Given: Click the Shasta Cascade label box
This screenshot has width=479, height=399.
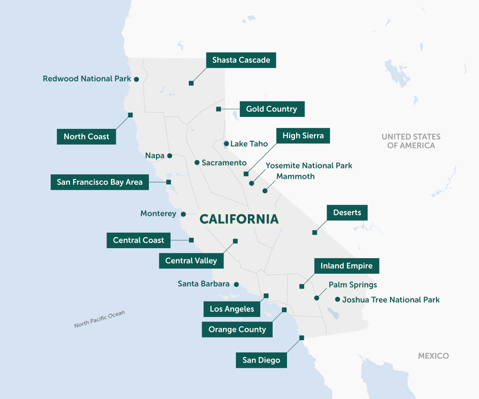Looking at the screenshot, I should pyautogui.click(x=241, y=60).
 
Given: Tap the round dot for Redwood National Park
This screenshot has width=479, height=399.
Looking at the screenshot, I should pyautogui.click(x=136, y=79).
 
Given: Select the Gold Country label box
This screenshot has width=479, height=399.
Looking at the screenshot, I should pyautogui.click(x=271, y=109).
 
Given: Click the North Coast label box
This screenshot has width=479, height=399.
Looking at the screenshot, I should pyautogui.click(x=86, y=136).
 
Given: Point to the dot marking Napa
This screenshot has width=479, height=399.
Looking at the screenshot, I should pyautogui.click(x=170, y=156).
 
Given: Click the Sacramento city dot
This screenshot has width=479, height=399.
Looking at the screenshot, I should pyautogui.click(x=197, y=162).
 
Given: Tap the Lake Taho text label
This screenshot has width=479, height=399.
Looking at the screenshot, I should pyautogui.click(x=249, y=144).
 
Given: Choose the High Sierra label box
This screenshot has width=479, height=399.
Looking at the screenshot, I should pyautogui.click(x=303, y=136).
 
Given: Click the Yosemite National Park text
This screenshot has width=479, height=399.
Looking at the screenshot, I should pyautogui.click(x=309, y=165).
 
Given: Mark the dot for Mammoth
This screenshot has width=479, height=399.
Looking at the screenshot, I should pyautogui.click(x=265, y=191).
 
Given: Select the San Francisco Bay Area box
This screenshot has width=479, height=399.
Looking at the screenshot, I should pyautogui.click(x=99, y=182).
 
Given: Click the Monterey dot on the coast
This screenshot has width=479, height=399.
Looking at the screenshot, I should pyautogui.click(x=183, y=214).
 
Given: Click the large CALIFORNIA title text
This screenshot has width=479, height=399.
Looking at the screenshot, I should pyautogui.click(x=239, y=219).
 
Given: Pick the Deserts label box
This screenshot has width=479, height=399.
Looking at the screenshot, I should pyautogui.click(x=347, y=213).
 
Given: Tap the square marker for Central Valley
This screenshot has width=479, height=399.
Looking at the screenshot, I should pyautogui.click(x=235, y=241).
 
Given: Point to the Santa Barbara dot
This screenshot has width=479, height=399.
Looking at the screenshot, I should pyautogui.click(x=236, y=284).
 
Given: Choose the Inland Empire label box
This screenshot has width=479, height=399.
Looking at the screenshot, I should pyautogui.click(x=346, y=266).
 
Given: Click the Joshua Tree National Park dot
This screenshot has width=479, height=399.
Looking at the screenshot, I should pyautogui.click(x=337, y=299).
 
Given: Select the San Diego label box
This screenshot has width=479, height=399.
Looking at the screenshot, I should pyautogui.click(x=261, y=360).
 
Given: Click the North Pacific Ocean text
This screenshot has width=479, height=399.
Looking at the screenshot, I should pyautogui.click(x=99, y=319).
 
